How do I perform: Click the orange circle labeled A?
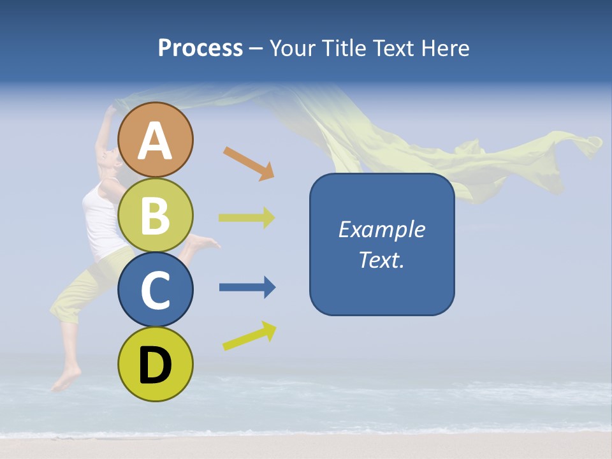click(156, 140)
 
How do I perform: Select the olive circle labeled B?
click(156, 215)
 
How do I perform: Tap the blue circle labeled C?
click(156, 289)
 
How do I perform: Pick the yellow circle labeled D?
click(156, 364)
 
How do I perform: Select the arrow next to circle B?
click(247, 217)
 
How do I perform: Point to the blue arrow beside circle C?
click(247, 288)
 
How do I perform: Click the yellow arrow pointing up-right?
click(249, 336)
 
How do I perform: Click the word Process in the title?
click(200, 48)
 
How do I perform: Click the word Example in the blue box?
click(381, 229)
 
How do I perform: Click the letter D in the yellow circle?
click(156, 365)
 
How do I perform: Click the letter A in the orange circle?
click(156, 141)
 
